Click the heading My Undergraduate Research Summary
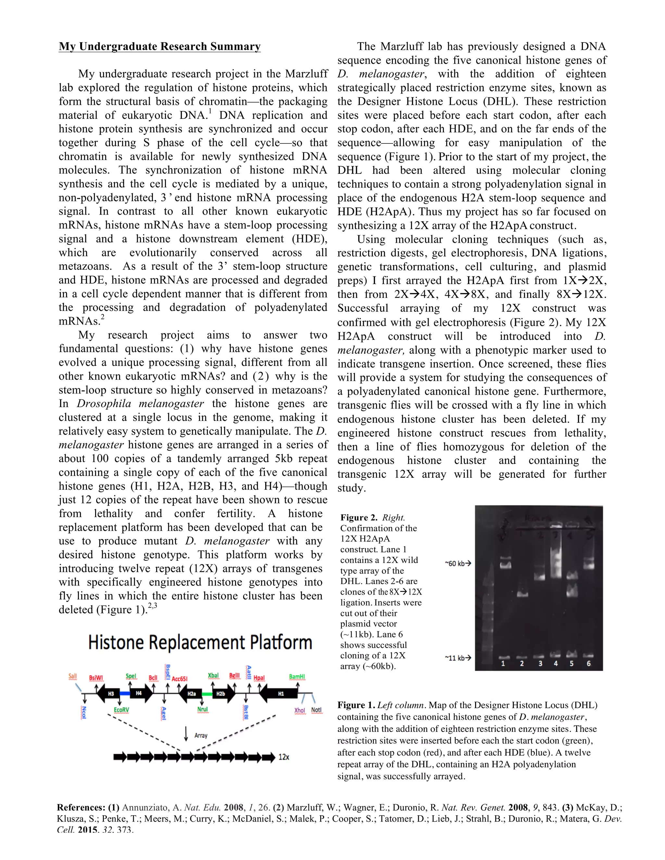pos(159,46)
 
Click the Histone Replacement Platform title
pos(200,643)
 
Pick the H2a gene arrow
pos(190,694)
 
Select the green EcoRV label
pos(121,710)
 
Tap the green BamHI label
pos(297,677)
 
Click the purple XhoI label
pos(300,710)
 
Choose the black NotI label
pos(316,710)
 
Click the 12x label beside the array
pos(284,757)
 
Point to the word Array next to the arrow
pos(201,735)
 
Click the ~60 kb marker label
pos(458,563)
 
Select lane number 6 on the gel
pos(589,664)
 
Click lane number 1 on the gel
pos(503,664)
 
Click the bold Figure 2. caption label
pos(358,517)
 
